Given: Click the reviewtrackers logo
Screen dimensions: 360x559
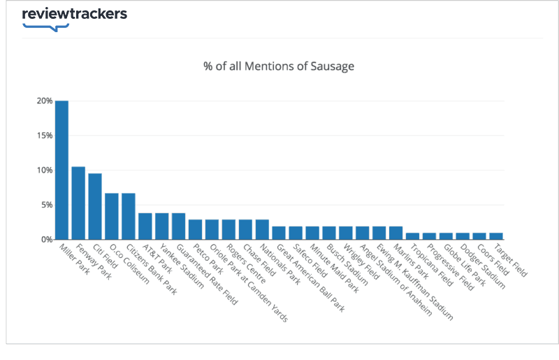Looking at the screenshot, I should point(75,15).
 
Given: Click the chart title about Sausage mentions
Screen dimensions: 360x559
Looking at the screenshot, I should point(279,67).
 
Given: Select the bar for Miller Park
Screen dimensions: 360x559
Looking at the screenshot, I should point(61,170).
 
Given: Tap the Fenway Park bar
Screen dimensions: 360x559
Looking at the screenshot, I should point(78,203).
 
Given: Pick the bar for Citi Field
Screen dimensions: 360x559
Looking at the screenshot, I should point(95,206).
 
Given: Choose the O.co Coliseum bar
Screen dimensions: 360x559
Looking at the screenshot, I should point(112,216).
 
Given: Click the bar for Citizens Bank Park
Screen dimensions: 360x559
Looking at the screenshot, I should point(129,216).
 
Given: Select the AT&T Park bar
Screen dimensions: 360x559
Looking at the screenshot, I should point(145,226).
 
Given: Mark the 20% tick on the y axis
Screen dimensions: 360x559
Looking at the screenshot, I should point(45,101).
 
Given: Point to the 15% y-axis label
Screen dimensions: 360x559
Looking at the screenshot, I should point(45,136).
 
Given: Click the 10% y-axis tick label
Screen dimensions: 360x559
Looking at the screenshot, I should point(45,170).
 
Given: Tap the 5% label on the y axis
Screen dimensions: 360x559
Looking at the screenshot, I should point(46,205).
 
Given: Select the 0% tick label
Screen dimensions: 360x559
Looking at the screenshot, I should point(46,239).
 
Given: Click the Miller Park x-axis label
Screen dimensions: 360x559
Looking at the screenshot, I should point(74,259).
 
